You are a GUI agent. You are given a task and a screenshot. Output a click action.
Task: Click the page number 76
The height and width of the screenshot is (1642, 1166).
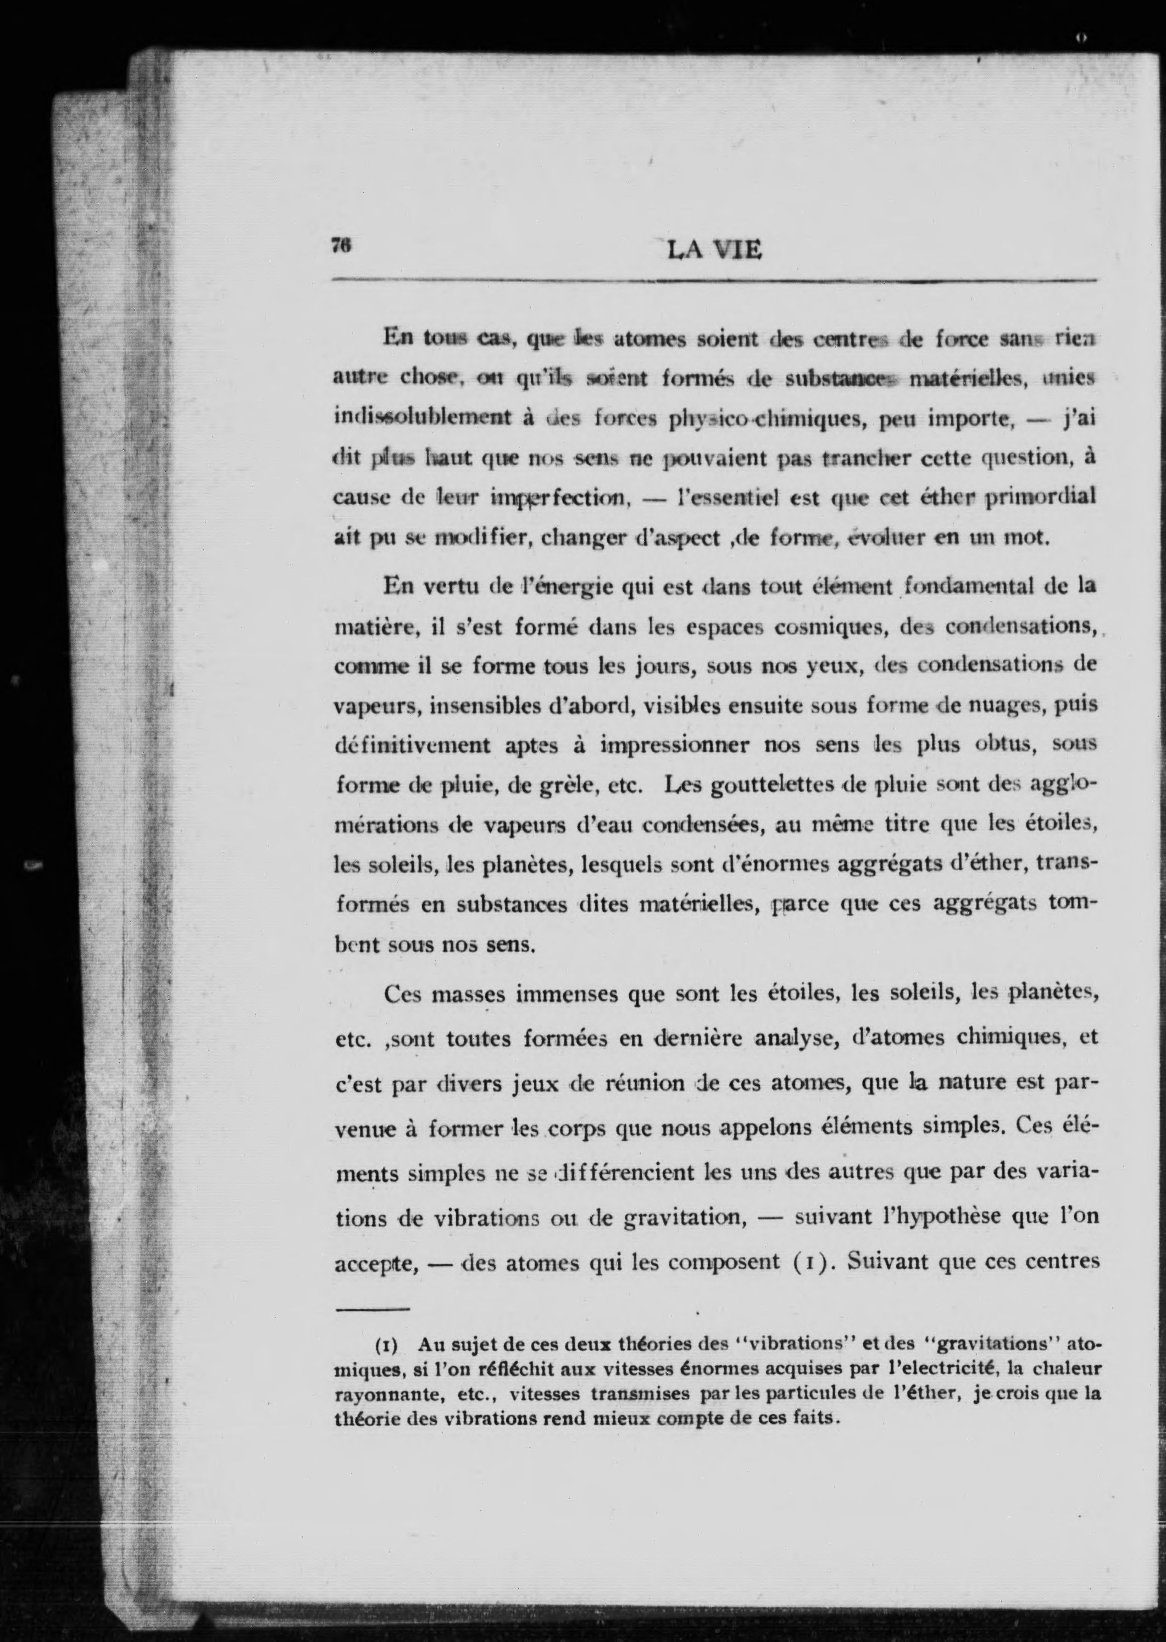tap(340, 245)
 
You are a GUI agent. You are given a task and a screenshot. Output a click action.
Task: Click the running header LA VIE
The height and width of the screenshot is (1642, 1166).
tap(714, 250)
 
